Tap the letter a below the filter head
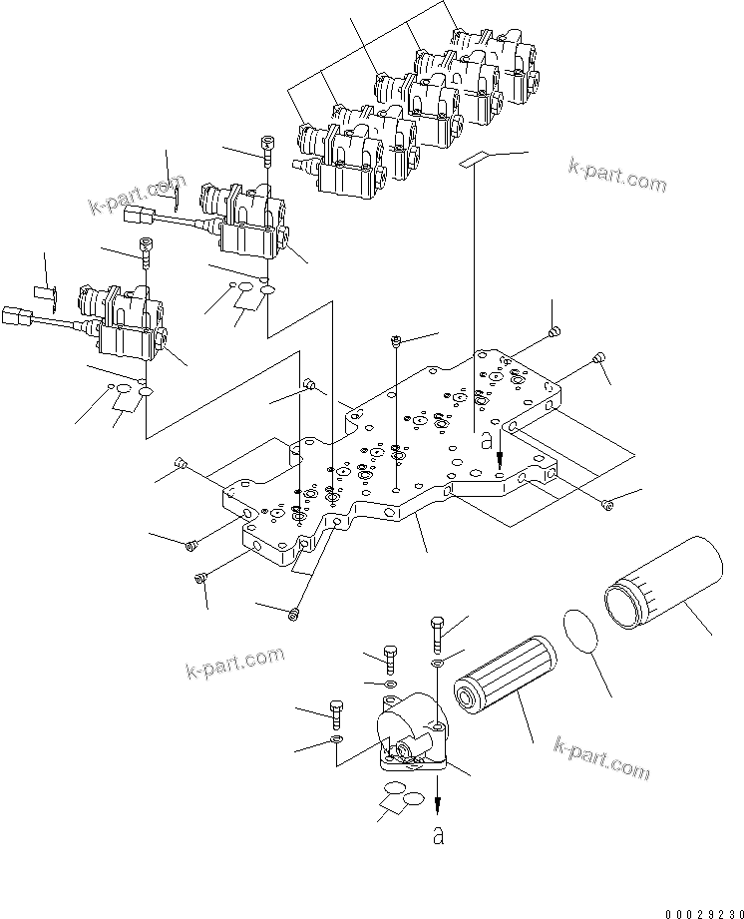(x=438, y=835)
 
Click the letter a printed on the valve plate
(x=487, y=437)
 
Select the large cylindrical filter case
(x=663, y=585)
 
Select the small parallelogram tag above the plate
(x=478, y=158)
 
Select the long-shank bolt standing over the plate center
(x=397, y=342)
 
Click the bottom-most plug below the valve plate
(x=292, y=613)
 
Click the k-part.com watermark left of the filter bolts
(x=235, y=663)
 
